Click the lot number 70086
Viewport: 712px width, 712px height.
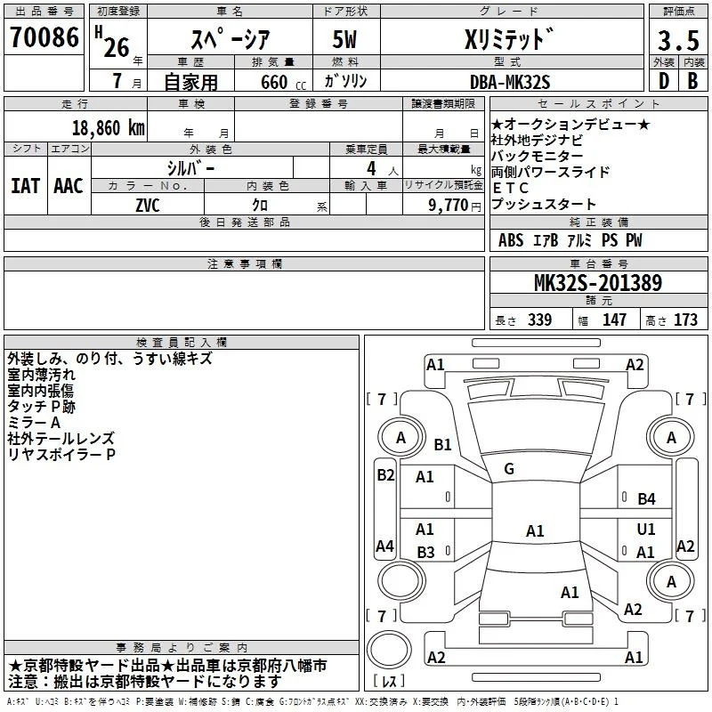(x=44, y=36)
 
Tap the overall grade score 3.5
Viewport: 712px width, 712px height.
(x=678, y=40)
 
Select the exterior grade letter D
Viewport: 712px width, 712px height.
(x=664, y=81)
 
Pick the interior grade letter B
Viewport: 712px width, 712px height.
(x=692, y=81)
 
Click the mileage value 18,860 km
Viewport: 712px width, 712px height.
(x=109, y=128)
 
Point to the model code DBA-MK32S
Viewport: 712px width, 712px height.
(x=510, y=82)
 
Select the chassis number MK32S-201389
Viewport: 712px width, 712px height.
(x=598, y=283)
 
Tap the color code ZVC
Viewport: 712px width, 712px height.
(x=148, y=206)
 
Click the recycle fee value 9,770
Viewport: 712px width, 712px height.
(x=449, y=205)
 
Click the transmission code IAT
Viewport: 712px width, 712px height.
(x=26, y=186)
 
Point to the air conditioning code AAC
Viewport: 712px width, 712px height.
(x=69, y=186)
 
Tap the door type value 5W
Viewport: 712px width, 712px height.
(x=344, y=39)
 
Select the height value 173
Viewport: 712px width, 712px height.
(x=685, y=320)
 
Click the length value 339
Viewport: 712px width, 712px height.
(x=540, y=320)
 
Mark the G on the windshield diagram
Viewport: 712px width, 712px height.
(x=509, y=469)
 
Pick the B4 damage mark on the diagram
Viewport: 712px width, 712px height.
(x=647, y=499)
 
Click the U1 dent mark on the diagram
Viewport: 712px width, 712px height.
(x=646, y=529)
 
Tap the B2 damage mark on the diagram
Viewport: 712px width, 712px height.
(x=385, y=475)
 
